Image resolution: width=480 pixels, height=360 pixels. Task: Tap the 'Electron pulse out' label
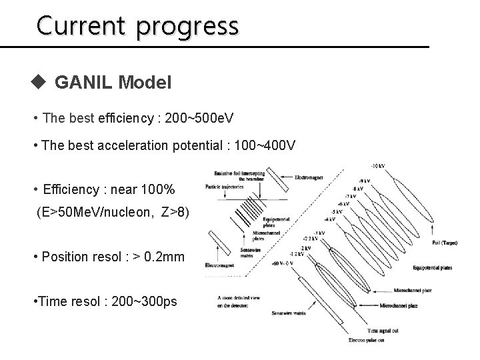coord(366,340)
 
